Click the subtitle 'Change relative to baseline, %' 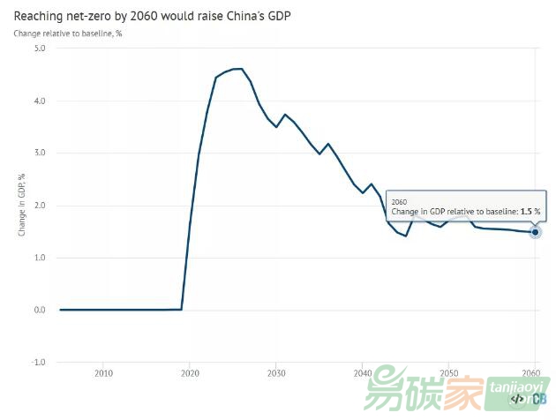point(67,34)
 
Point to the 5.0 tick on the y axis point(39,48)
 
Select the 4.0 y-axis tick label point(39,101)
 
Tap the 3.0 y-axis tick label point(39,153)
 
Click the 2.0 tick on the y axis point(39,205)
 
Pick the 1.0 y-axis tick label point(39,258)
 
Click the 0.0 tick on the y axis point(39,310)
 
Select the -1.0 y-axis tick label point(38,362)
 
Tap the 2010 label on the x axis point(103,374)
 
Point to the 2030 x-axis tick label point(276,374)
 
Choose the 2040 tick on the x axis point(362,374)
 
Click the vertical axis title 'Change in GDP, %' point(22,205)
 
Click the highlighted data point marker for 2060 point(535,232)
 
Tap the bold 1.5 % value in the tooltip point(529,212)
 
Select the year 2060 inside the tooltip point(399,202)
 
